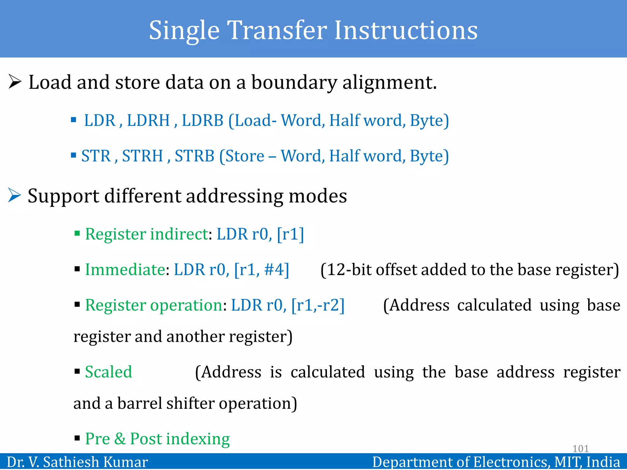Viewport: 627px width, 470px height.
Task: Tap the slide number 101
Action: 580,449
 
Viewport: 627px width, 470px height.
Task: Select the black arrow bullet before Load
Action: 15,82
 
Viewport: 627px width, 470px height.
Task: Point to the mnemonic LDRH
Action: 148,120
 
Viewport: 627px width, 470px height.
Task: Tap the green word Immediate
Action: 125,270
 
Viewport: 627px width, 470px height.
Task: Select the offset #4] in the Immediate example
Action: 276,270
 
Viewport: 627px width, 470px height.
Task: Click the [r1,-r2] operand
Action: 318,305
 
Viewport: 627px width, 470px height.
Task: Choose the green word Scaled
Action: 108,372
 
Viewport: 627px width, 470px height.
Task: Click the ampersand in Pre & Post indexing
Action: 120,438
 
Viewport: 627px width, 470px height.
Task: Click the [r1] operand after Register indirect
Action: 290,234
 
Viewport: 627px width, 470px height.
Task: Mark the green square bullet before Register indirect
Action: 77,234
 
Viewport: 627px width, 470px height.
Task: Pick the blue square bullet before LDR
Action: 73,120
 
